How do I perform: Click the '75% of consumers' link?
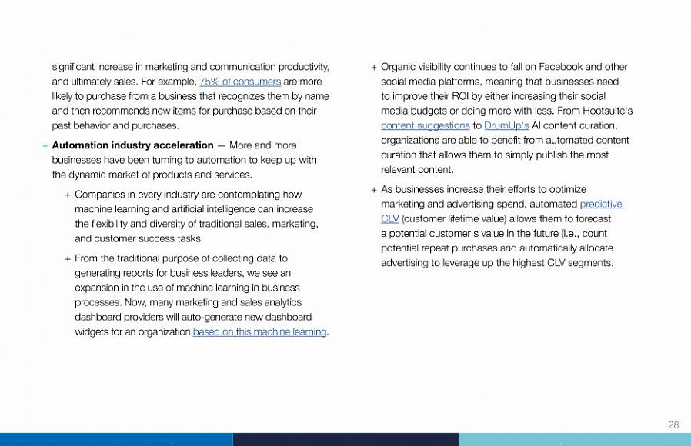pos(239,82)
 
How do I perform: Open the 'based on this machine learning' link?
pos(259,332)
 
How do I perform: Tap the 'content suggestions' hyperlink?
pos(425,125)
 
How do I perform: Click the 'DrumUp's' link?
pos(506,125)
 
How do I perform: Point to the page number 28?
pos(673,424)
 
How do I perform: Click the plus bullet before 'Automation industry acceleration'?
pos(45,146)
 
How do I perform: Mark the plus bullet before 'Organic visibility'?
pos(374,68)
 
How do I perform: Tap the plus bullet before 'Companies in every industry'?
pos(68,195)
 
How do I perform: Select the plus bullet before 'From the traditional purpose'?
pos(68,259)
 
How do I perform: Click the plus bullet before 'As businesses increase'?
pos(374,190)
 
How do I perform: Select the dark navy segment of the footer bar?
pos(345,439)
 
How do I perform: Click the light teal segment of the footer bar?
pos(574,439)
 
